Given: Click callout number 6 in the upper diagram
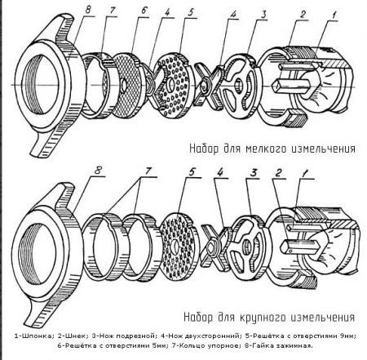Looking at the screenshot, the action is pos(144,11).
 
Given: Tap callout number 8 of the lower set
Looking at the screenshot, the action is pos(98,171).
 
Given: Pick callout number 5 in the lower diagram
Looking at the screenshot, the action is pos(192,171).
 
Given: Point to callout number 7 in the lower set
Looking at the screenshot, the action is pos(148,171).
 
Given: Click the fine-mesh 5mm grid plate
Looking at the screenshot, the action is pos(128,85).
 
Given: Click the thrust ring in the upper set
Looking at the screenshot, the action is pos(97,85).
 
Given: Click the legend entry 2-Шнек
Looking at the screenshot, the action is pos(73,336).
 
